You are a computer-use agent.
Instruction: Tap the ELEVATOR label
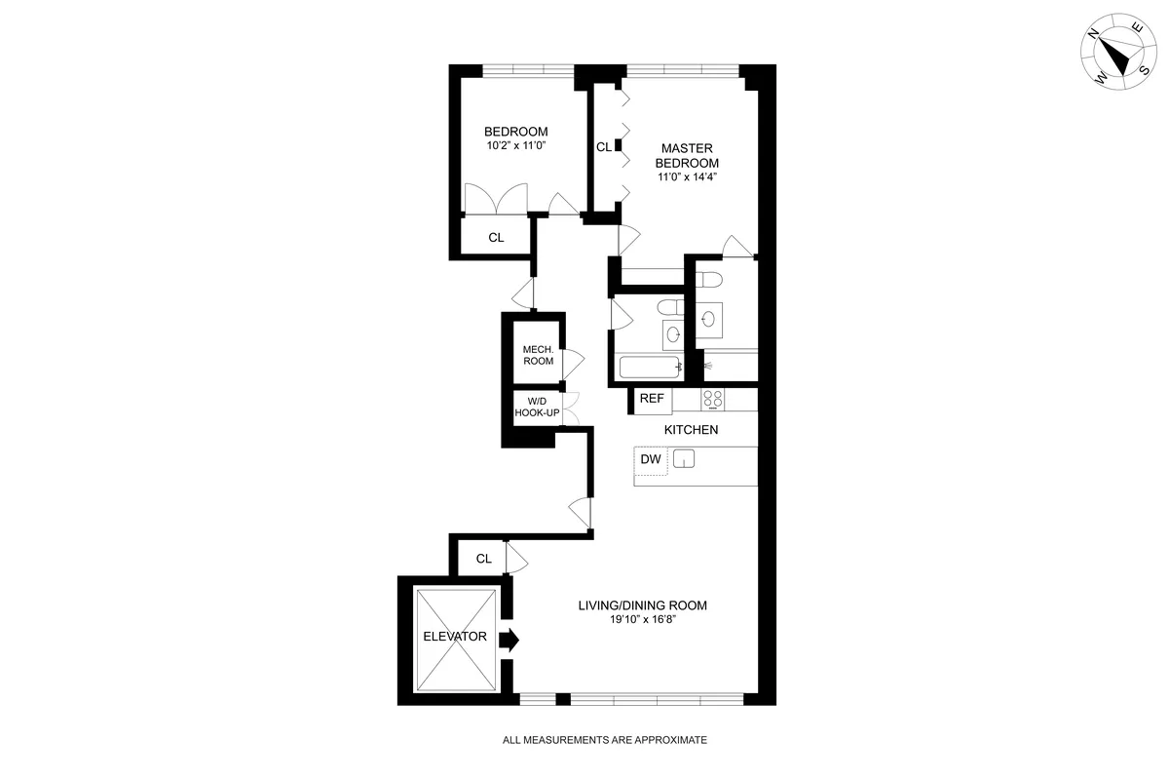455,637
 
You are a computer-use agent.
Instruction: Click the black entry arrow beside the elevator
509,640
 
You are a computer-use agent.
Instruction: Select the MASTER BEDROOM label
687,156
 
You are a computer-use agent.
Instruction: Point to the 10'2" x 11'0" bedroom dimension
516,145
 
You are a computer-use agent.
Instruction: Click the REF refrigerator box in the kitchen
652,398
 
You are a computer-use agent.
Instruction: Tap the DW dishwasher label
651,458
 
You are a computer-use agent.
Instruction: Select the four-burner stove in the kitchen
713,399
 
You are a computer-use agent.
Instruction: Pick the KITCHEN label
692,430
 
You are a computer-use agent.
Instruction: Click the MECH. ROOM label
538,356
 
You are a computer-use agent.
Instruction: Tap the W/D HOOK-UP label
538,408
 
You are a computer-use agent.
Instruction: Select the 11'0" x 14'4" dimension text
687,177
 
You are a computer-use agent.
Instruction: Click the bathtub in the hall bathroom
650,368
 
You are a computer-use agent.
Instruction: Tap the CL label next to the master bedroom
604,147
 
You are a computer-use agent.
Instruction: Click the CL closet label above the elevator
484,559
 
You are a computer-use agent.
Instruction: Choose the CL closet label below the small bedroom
496,237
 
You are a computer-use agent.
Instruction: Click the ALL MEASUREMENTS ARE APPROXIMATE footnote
604,740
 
